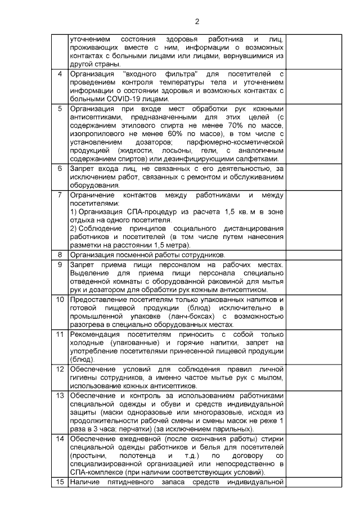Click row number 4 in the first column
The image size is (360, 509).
[60, 74]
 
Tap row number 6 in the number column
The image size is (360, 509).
[60, 168]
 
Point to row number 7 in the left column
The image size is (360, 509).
[60, 195]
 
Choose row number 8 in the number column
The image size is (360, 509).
[60, 255]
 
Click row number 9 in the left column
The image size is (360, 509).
[60, 265]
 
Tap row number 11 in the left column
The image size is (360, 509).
[60, 334]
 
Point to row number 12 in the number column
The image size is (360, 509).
[60, 369]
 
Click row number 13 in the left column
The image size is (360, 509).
[60, 395]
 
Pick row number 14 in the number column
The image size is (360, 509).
[60, 439]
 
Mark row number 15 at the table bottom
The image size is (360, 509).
[60, 481]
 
